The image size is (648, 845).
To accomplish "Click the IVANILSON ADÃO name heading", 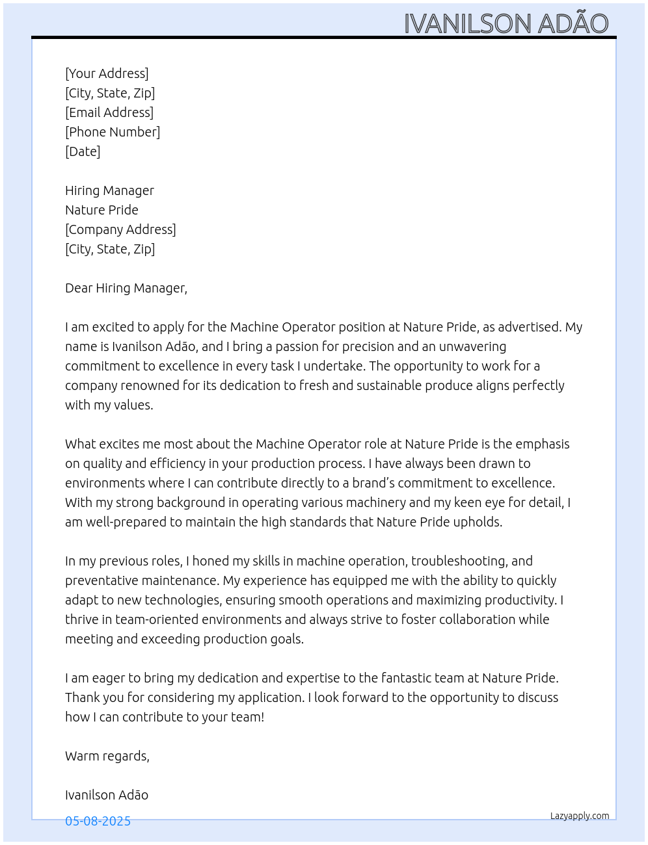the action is click(x=506, y=23).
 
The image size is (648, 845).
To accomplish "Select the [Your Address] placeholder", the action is click(x=107, y=73).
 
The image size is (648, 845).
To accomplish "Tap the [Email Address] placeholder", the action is click(x=109, y=112).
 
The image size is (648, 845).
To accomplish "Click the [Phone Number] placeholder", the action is click(x=113, y=132).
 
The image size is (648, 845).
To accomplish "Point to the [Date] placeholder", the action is click(x=83, y=151).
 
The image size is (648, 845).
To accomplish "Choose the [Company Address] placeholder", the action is click(x=120, y=229).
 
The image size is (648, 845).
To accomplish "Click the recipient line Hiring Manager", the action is click(x=109, y=190).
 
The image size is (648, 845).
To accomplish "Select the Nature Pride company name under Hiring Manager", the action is click(x=101, y=210).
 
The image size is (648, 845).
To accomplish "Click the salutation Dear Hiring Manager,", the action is click(x=126, y=288).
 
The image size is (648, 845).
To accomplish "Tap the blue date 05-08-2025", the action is click(x=98, y=821).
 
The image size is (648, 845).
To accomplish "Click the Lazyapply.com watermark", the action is click(x=580, y=816).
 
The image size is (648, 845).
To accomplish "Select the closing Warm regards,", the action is click(x=107, y=756).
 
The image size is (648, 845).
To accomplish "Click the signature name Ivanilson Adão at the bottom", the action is click(x=107, y=795).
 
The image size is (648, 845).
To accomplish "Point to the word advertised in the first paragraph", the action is click(x=526, y=327).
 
